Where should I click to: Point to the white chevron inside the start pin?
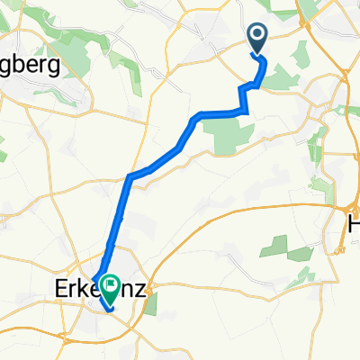[256, 36]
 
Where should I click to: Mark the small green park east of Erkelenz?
[149, 304]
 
